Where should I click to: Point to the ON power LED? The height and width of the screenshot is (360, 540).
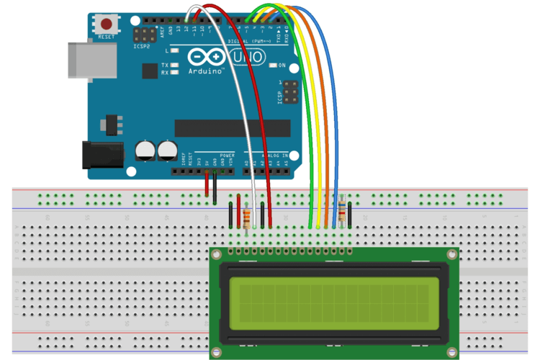pyautogui.click(x=273, y=66)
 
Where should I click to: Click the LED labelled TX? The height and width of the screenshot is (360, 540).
pyautogui.click(x=174, y=65)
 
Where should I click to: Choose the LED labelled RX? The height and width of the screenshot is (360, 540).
pyautogui.click(x=174, y=73)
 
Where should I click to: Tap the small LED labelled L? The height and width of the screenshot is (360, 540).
pyautogui.click(x=174, y=51)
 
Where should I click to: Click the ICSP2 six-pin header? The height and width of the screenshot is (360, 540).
pyautogui.click(x=145, y=35)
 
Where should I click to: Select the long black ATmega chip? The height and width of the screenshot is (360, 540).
pyautogui.click(x=232, y=128)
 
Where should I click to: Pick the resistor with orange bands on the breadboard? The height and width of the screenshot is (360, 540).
pyautogui.click(x=247, y=217)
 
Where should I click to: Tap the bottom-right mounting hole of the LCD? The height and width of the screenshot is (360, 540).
pyautogui.click(x=451, y=351)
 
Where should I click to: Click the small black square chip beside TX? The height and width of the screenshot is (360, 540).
pyautogui.click(x=150, y=71)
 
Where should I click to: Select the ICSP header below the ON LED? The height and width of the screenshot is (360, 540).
pyautogui.click(x=290, y=93)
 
